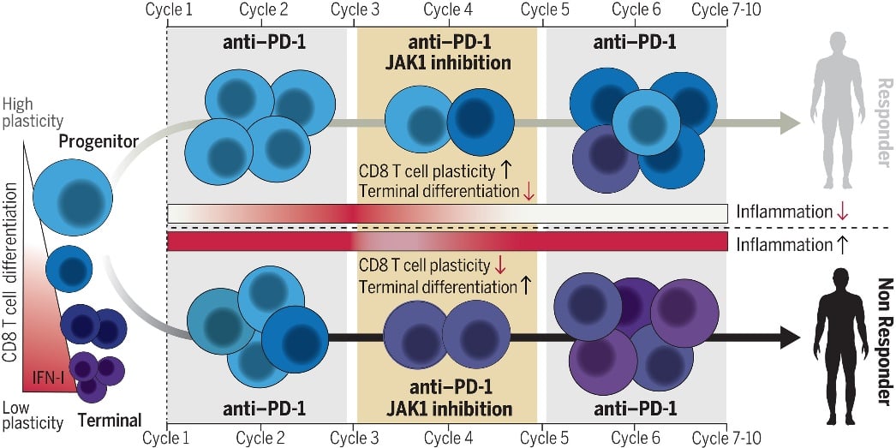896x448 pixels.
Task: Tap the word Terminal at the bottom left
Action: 109,420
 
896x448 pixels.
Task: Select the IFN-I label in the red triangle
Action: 45,376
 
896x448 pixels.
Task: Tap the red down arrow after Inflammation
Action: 843,211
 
